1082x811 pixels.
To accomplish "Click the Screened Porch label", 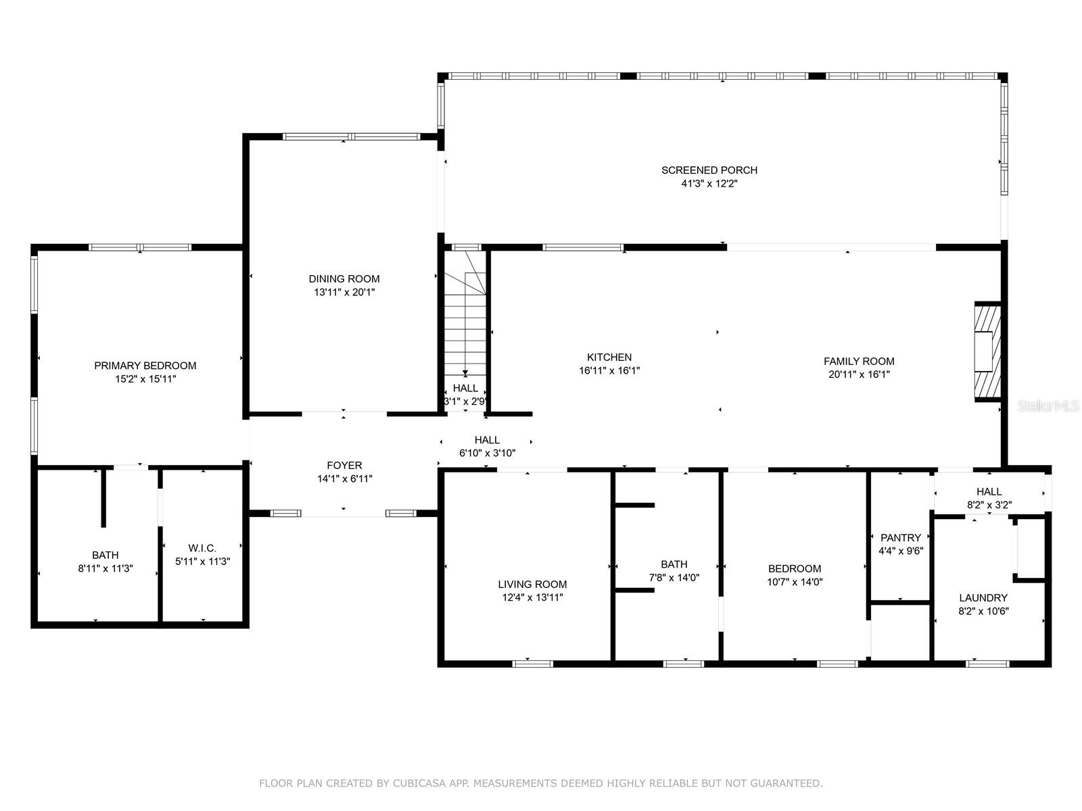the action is (709, 170).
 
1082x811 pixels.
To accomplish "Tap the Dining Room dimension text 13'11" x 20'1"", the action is (344, 293).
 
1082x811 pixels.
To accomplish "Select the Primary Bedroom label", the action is (145, 366).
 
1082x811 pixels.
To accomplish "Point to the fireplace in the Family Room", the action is (987, 351).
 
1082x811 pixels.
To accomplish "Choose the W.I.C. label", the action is (202, 548).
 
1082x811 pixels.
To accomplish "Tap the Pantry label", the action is (901, 538).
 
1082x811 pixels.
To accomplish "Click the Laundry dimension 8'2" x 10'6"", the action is (983, 611).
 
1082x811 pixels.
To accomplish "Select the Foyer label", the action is (344, 466).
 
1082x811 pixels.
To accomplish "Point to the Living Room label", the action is (532, 585).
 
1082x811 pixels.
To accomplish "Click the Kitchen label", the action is (609, 358).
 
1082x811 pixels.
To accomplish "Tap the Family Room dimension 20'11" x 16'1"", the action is (859, 374).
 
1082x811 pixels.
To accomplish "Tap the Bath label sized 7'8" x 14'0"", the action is (674, 565).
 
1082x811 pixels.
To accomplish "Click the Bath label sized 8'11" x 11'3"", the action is (105, 556).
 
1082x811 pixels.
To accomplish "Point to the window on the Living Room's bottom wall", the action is (532, 664).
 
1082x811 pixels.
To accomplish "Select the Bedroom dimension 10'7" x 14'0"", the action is (795, 582).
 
